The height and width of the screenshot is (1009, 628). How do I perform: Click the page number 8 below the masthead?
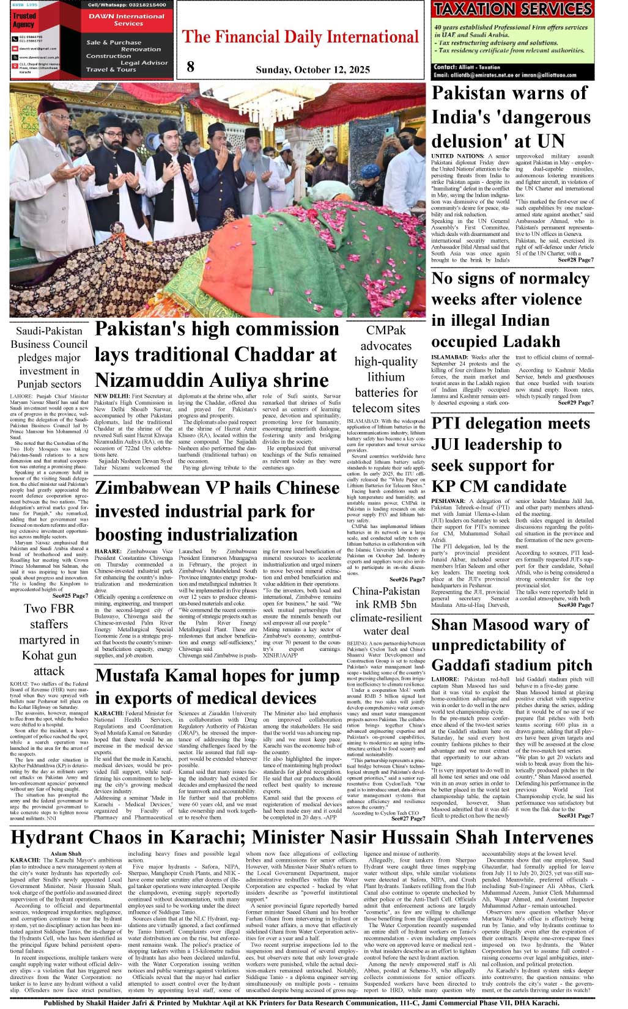tap(190, 67)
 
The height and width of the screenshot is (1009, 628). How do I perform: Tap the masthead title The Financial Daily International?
tap(300, 37)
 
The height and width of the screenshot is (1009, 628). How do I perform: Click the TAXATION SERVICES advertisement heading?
tap(512, 9)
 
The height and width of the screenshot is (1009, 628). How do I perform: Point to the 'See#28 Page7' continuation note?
tap(575, 260)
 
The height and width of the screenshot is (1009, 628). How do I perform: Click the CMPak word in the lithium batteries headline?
tap(386, 331)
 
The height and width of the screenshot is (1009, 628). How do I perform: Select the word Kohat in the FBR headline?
tap(36, 656)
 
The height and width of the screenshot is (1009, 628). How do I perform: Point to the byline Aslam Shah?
tap(65, 854)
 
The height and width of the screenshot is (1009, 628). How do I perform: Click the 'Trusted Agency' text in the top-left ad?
tap(24, 20)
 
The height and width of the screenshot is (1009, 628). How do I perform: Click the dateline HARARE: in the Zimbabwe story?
tap(108, 551)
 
